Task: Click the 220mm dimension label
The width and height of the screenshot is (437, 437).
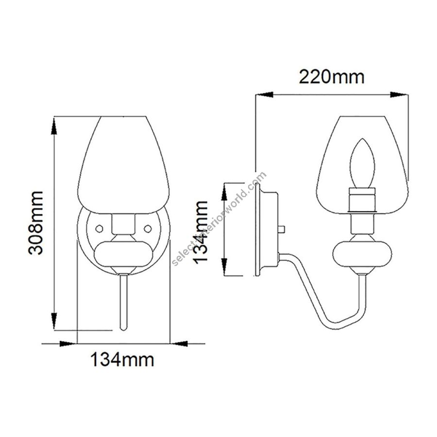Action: [331, 77]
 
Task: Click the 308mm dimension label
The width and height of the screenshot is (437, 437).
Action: [36, 223]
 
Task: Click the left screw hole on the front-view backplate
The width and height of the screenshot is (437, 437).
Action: [99, 229]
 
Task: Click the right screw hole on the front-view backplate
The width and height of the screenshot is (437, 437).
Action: [148, 229]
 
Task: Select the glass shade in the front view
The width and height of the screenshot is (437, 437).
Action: [123, 165]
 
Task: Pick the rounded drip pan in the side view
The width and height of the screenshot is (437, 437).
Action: [362, 254]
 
